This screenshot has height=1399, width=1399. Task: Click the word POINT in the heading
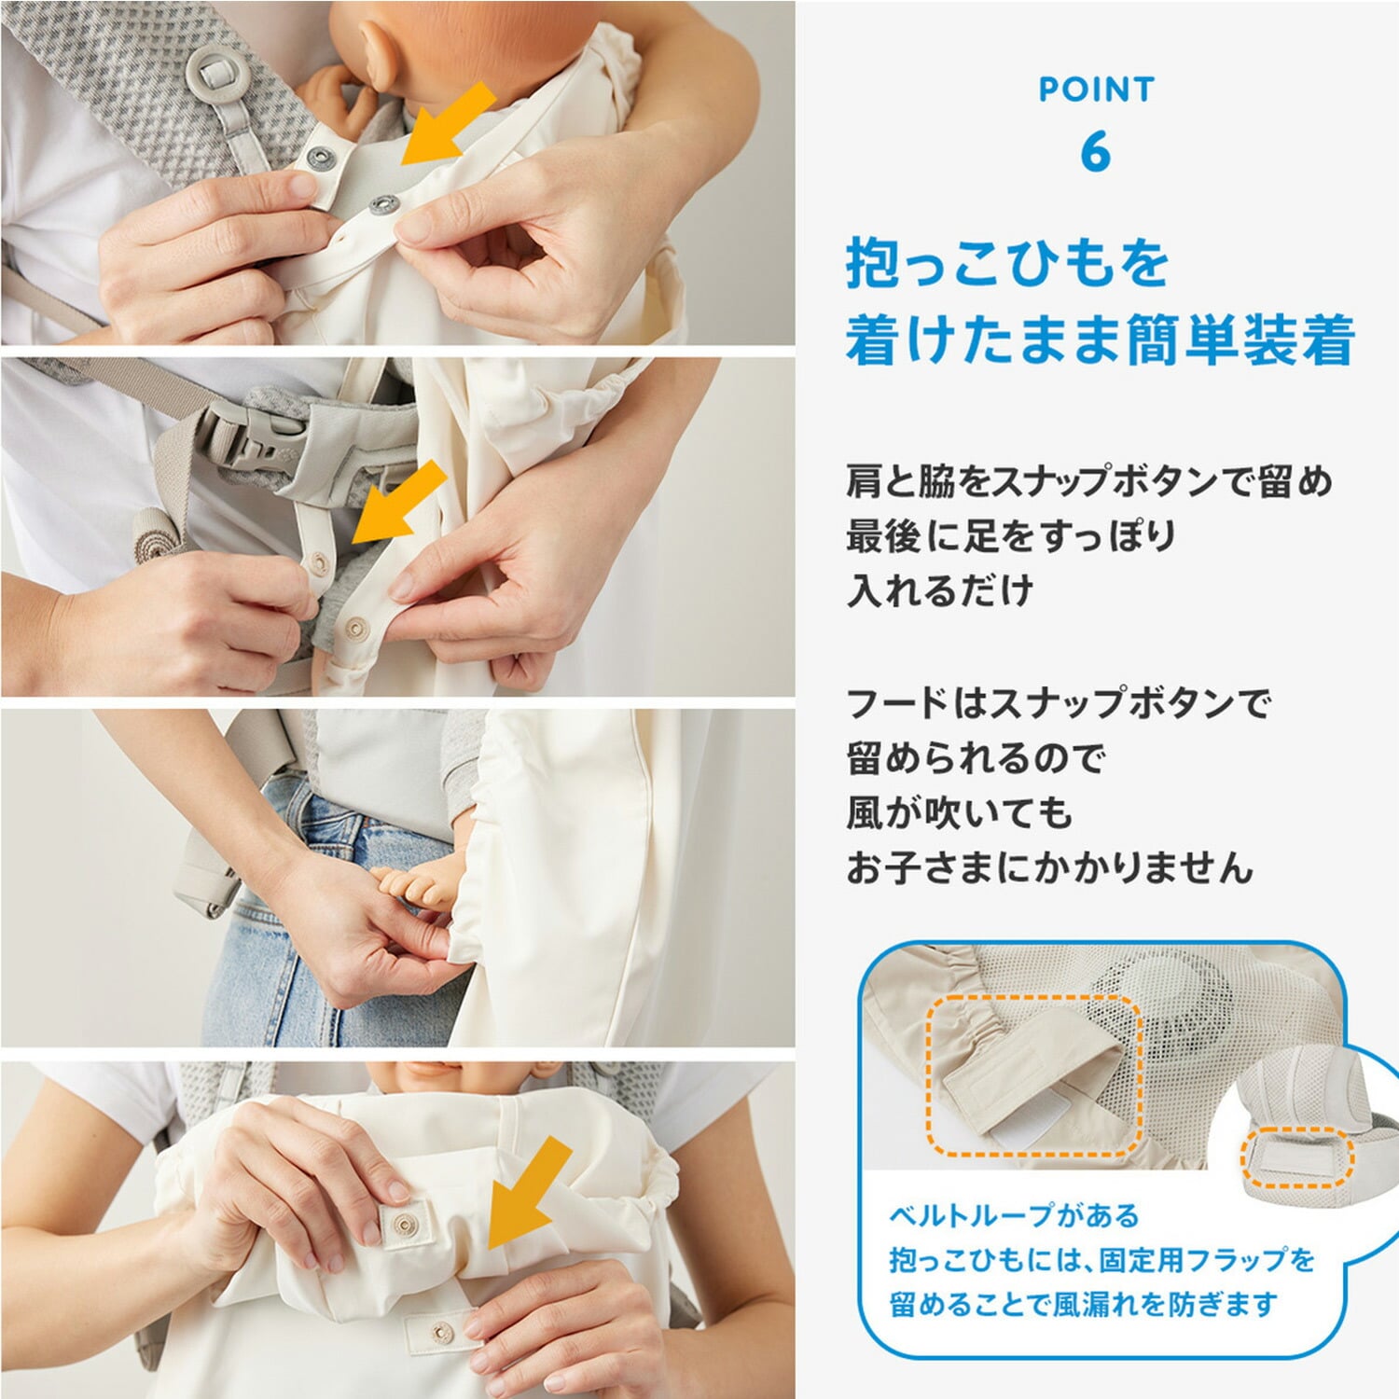coord(1097,90)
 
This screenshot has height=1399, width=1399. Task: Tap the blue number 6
coord(1096,153)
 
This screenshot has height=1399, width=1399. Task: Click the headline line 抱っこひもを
coord(1007,263)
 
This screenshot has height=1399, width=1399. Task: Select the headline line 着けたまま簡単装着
coord(1100,340)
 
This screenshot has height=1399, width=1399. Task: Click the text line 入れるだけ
coord(940,590)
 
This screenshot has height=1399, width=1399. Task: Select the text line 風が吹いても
coord(959,812)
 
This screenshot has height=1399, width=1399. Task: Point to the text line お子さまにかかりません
coord(1049,867)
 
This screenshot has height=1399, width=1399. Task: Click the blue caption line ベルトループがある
coord(1014,1216)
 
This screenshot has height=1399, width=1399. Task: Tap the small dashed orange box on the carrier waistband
coord(1296,1157)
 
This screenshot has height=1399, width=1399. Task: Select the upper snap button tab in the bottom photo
coord(403,1224)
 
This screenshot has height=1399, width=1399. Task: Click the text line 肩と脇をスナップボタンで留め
coord(1089,481)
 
